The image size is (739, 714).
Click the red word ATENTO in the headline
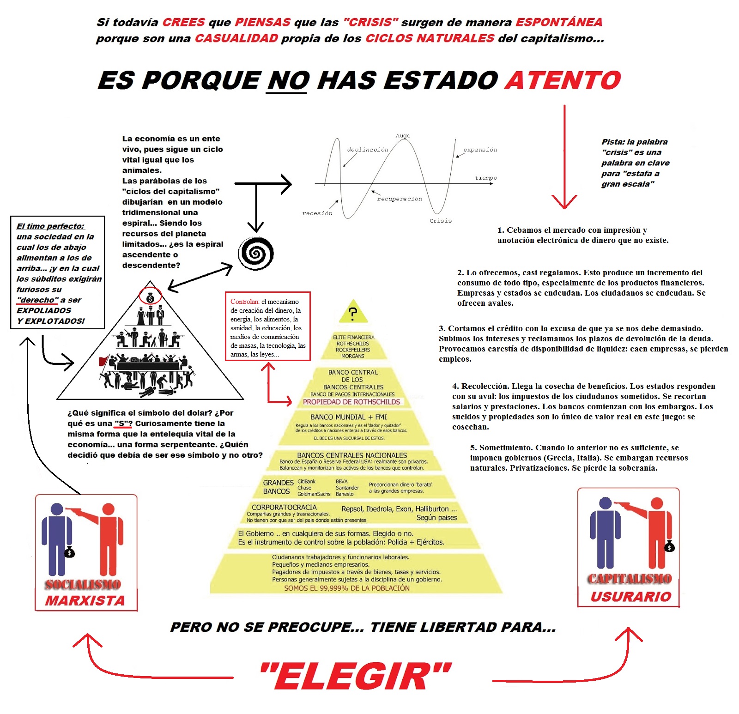pos(563,80)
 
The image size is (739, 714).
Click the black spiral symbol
pos(255,253)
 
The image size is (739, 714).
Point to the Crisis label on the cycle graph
pos(440,221)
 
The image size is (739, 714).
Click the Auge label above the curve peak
pos(403,136)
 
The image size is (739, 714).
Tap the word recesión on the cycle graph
pos(317,213)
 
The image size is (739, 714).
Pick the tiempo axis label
pos(486,178)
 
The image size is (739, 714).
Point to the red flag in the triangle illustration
pos(104,360)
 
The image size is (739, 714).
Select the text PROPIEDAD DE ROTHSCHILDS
pos(351,402)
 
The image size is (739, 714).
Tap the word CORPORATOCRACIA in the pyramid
pos(284,507)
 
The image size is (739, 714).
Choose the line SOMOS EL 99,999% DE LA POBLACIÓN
pos(347,588)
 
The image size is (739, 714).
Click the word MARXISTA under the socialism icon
pos(85,600)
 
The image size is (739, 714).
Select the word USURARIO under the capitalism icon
pos(630,597)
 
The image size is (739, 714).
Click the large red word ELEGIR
pos(356,677)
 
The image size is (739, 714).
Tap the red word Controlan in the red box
pos(245,302)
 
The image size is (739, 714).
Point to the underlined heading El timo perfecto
pos(50,226)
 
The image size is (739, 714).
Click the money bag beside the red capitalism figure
pos(669,547)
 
